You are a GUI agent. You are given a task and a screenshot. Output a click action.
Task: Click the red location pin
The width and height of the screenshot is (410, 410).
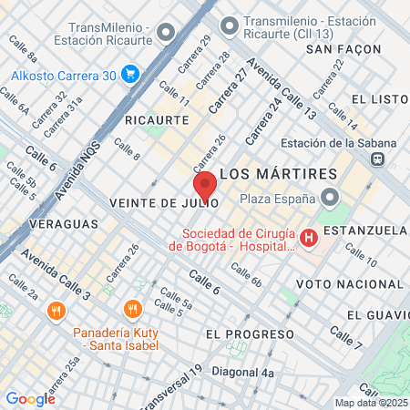(205, 185)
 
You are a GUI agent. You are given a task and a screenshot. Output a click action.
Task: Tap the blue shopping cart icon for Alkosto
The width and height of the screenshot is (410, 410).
(130, 74)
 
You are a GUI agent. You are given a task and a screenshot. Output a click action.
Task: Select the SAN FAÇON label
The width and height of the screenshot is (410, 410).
(342, 48)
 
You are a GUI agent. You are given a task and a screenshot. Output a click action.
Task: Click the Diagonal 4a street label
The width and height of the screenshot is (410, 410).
(242, 373)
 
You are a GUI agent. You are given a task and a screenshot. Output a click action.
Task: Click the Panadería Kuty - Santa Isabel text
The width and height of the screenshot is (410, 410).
(117, 339)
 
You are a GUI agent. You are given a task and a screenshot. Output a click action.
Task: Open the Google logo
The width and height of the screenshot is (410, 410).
(30, 398)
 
